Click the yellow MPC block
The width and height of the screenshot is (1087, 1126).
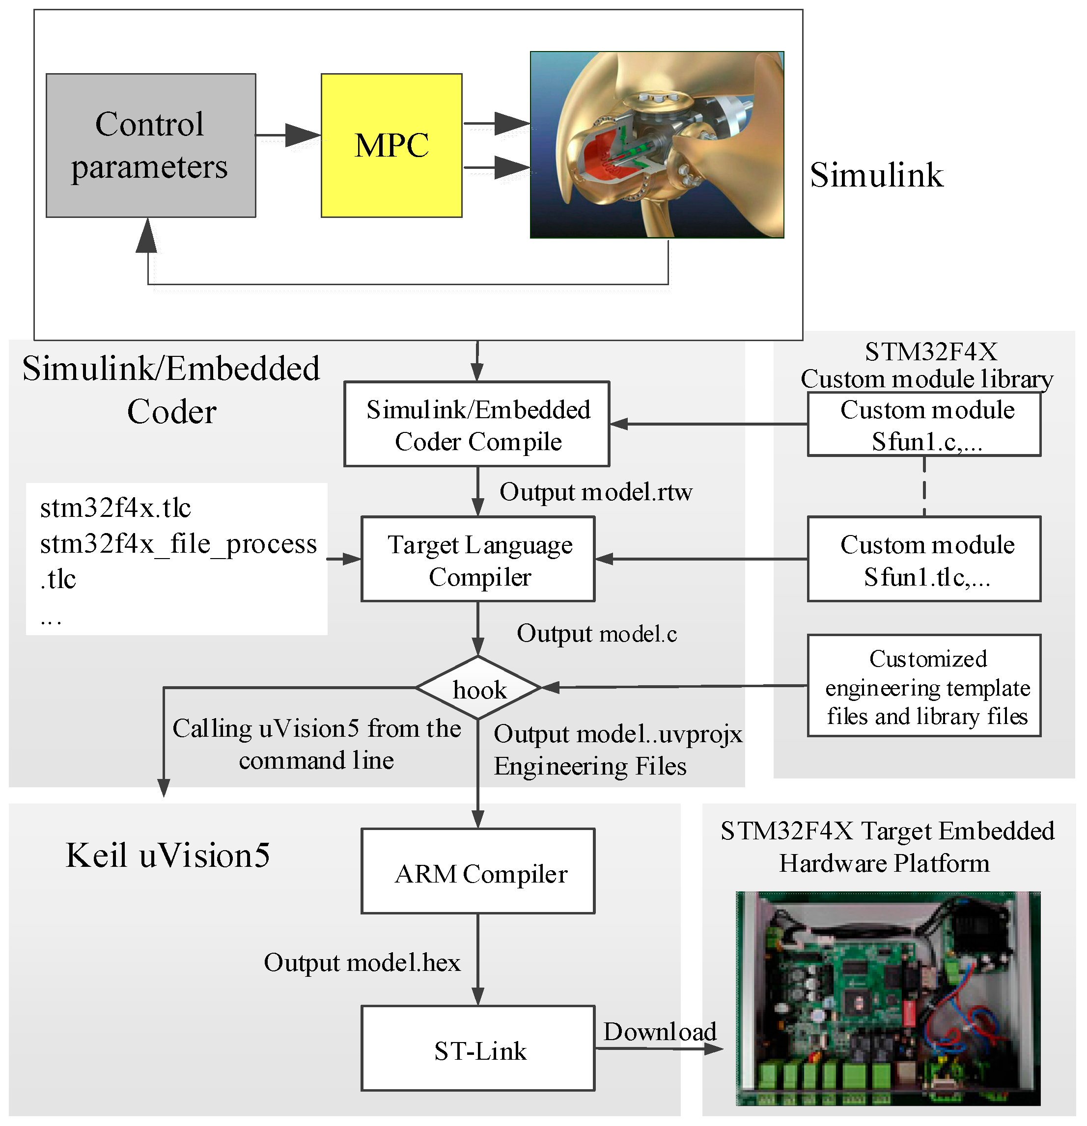coord(391,145)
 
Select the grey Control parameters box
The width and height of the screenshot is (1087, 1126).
coord(151,145)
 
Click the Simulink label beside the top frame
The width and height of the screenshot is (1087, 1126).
coord(876,175)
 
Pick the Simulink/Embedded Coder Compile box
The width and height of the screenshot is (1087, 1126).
coord(476,425)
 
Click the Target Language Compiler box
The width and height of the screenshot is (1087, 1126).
coord(478,560)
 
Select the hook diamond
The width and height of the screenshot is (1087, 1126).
coord(478,688)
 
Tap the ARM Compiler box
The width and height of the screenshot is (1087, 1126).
coord(478,872)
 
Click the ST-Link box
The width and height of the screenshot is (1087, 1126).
coord(478,1049)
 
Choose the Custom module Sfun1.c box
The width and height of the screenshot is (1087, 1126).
coord(924,425)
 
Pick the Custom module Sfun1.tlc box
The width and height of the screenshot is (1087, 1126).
coord(924,560)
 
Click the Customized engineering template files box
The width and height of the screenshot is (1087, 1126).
coord(924,686)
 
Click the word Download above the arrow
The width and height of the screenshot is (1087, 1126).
coord(659,1031)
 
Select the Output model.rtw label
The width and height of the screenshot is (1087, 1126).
coord(595,492)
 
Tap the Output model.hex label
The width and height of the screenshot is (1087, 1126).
coord(362,962)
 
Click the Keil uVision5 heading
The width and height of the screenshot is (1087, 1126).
coord(168,855)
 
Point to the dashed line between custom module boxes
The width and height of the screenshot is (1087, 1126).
coord(924,486)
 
